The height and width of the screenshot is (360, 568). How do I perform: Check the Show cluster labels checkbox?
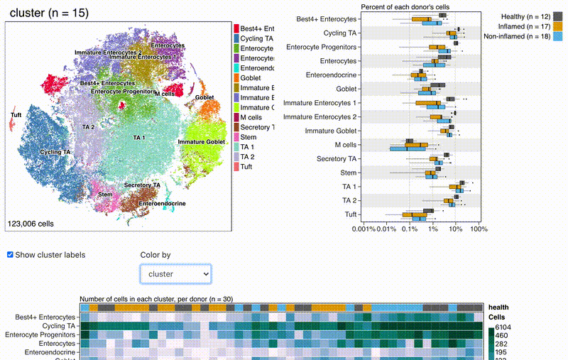click(11, 254)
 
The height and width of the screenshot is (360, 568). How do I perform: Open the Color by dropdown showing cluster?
click(175, 273)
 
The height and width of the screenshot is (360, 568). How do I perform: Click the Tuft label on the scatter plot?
click(16, 114)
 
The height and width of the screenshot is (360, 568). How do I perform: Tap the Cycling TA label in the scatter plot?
click(55, 152)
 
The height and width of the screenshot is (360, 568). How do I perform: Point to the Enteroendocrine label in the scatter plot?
click(163, 204)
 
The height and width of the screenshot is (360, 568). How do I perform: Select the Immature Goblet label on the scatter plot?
click(201, 142)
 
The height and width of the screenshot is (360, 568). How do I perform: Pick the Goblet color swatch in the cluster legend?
click(236, 77)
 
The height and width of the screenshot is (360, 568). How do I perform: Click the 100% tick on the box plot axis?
click(478, 229)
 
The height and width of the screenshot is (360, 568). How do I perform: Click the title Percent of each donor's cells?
click(405, 6)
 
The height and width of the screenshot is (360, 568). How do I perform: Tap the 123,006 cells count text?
click(31, 223)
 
